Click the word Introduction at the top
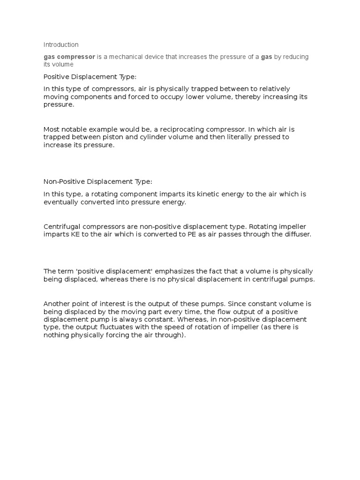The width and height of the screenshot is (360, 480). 61,45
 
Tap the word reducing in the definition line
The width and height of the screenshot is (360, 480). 294,57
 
